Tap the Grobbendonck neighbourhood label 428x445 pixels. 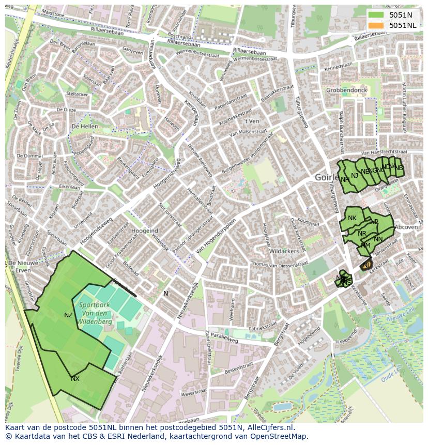(x=346, y=90)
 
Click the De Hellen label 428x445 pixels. (x=85, y=126)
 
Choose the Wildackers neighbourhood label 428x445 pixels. (x=284, y=251)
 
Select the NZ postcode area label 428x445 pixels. (x=68, y=315)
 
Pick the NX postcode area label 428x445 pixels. (x=75, y=379)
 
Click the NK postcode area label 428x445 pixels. (x=352, y=218)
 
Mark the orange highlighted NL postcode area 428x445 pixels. (x=366, y=265)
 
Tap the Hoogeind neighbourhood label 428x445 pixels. (x=145, y=231)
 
